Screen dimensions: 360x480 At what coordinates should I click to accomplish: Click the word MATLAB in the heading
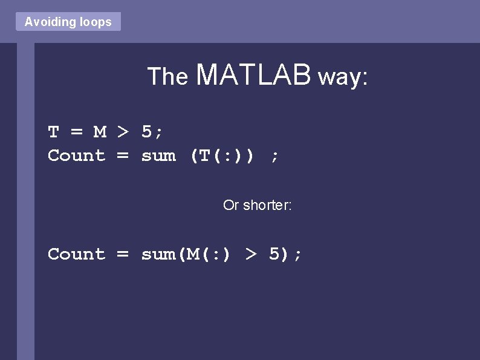coord(254,75)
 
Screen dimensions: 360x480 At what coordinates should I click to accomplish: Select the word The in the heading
coord(168,77)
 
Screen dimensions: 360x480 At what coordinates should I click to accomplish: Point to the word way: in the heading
coord(343,77)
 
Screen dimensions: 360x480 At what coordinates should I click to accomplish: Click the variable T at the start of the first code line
coord(53,131)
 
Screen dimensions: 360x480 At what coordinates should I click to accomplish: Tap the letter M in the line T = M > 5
coord(100,131)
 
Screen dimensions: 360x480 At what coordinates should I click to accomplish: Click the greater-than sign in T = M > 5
coord(123,131)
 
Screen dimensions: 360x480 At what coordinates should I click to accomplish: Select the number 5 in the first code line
coord(147,131)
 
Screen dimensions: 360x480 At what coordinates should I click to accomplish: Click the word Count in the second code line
coord(76,155)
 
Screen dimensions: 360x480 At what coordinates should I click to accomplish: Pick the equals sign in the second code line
coord(123,155)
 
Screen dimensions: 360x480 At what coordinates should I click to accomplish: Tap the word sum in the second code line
coord(158,155)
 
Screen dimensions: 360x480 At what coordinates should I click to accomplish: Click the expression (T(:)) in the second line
coord(222,155)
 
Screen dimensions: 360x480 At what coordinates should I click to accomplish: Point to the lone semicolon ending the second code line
coord(275,157)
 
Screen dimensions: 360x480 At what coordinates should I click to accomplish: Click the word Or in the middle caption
coord(231,206)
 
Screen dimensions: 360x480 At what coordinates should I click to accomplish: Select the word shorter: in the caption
coord(267,206)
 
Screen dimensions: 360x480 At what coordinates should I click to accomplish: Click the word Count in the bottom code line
coord(76,254)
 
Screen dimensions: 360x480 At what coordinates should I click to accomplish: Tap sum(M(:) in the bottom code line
coord(186,254)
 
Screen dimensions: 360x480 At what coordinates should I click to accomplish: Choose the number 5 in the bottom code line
coord(274,254)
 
